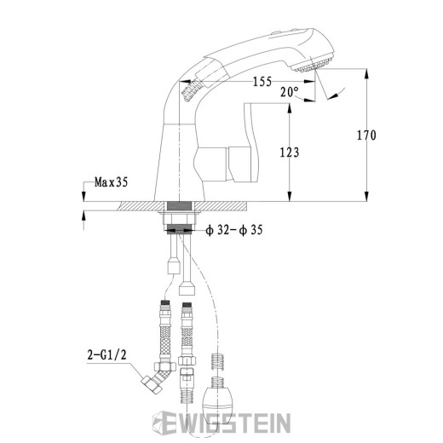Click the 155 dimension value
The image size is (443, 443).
point(262,82)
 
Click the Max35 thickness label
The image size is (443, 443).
point(111,181)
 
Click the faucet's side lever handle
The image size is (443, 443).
point(252,145)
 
